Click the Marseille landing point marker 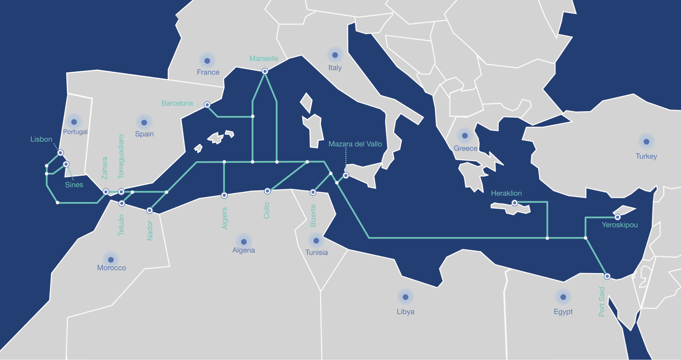[x=265, y=71]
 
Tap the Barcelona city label [x=177, y=103]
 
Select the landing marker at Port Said [x=607, y=276]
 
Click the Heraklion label [x=506, y=193]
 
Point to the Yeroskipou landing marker [x=618, y=217]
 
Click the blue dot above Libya [x=406, y=297]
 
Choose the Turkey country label [x=646, y=156]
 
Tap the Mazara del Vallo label [x=355, y=144]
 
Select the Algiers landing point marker [x=224, y=195]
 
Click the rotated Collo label [x=266, y=210]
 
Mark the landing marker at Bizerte [x=313, y=192]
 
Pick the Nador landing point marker [x=150, y=211]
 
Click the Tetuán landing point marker [x=122, y=203]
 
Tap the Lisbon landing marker [x=61, y=153]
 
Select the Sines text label [x=74, y=185]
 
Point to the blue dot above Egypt [x=563, y=297]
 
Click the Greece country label [x=465, y=148]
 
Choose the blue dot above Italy [x=335, y=55]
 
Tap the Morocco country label [x=112, y=268]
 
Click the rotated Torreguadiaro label [x=121, y=156]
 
